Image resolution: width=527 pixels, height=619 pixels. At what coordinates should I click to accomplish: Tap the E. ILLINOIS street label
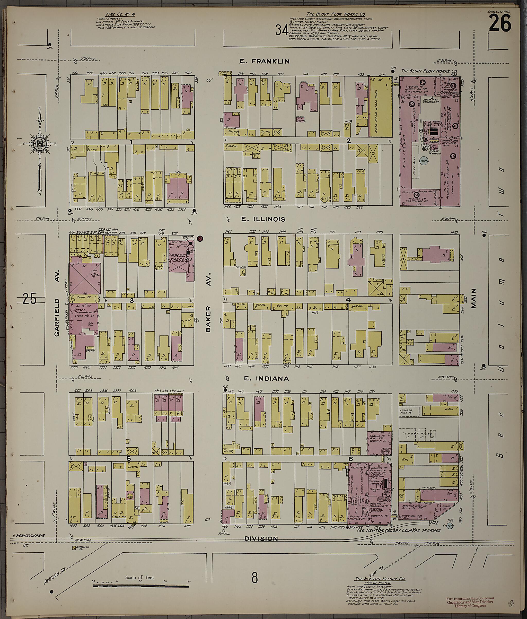click(263, 219)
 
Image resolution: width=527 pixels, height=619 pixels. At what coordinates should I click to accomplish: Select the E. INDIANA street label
click(266, 379)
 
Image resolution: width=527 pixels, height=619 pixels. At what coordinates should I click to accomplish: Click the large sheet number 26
click(499, 24)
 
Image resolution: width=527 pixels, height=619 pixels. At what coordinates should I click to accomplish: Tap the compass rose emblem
click(39, 144)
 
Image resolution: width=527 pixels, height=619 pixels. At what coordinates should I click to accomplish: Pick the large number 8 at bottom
click(254, 578)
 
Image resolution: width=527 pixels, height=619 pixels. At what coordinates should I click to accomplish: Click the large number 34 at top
click(282, 30)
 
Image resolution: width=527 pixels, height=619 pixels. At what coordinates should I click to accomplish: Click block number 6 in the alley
click(350, 459)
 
